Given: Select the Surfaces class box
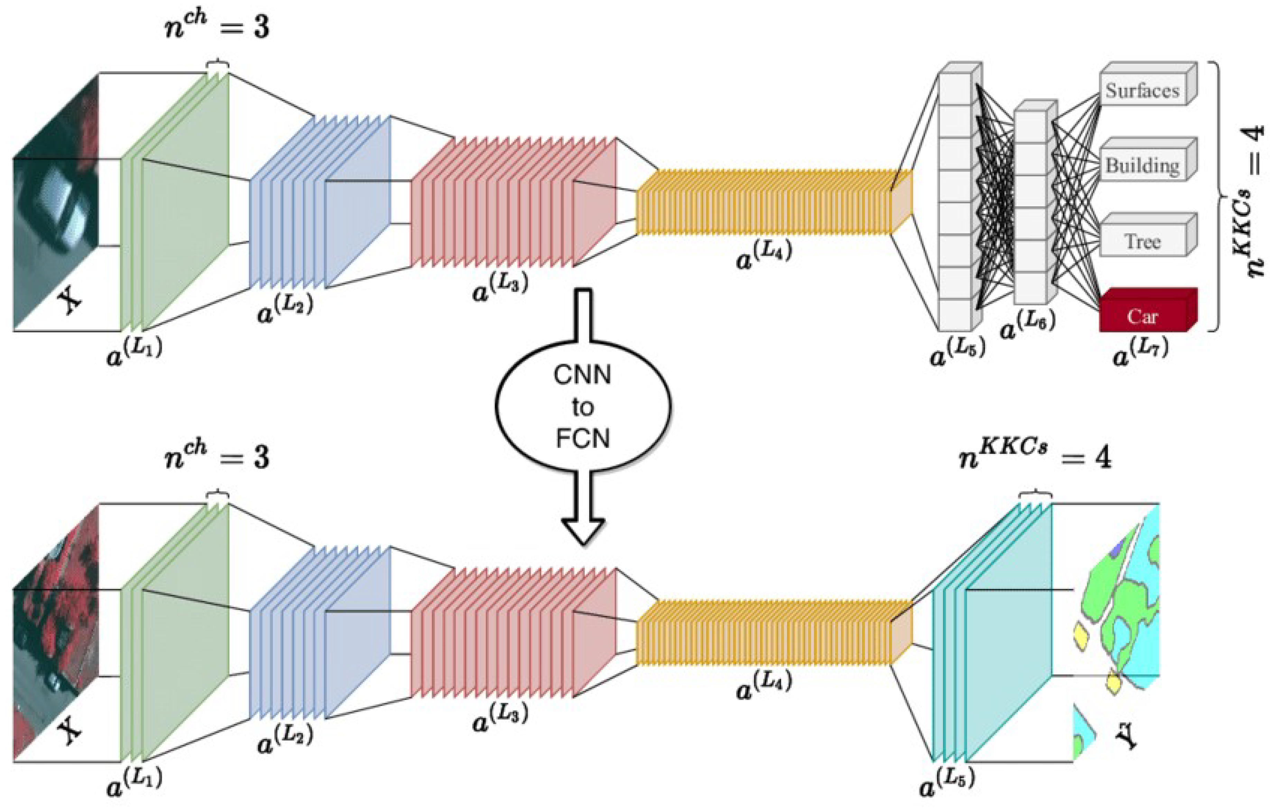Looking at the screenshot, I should click(x=1142, y=90).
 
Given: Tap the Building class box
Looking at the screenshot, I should click(x=1142, y=165).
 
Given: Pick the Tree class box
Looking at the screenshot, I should click(x=1142, y=241).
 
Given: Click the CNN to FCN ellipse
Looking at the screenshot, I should click(x=582, y=406).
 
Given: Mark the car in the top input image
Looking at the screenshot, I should click(x=58, y=206).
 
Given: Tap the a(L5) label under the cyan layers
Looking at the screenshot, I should click(x=947, y=784).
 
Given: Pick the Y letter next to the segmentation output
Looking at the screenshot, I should click(x=1128, y=735).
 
